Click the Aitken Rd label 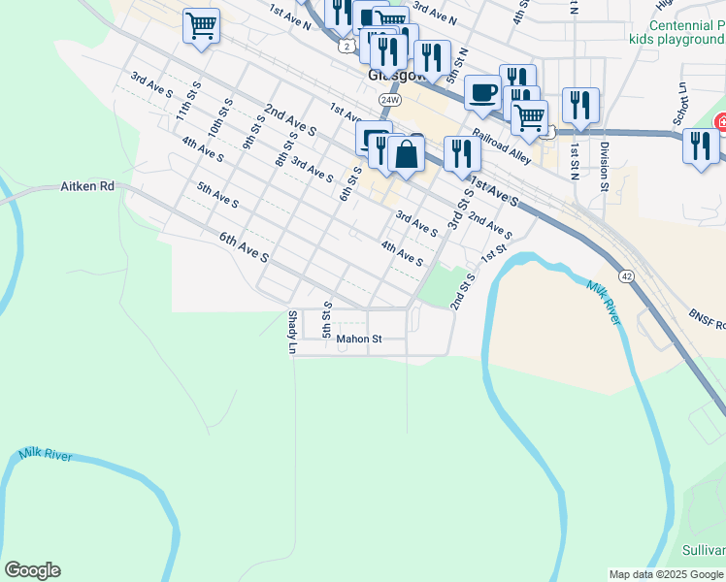click(x=88, y=185)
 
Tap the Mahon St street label click(x=360, y=339)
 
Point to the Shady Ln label click(x=291, y=332)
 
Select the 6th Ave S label click(x=243, y=246)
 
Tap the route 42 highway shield click(x=627, y=276)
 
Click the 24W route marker click(x=390, y=100)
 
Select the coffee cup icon click(x=482, y=92)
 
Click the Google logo click(x=32, y=570)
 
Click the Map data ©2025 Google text click(x=667, y=574)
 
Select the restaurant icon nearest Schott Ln click(x=700, y=145)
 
